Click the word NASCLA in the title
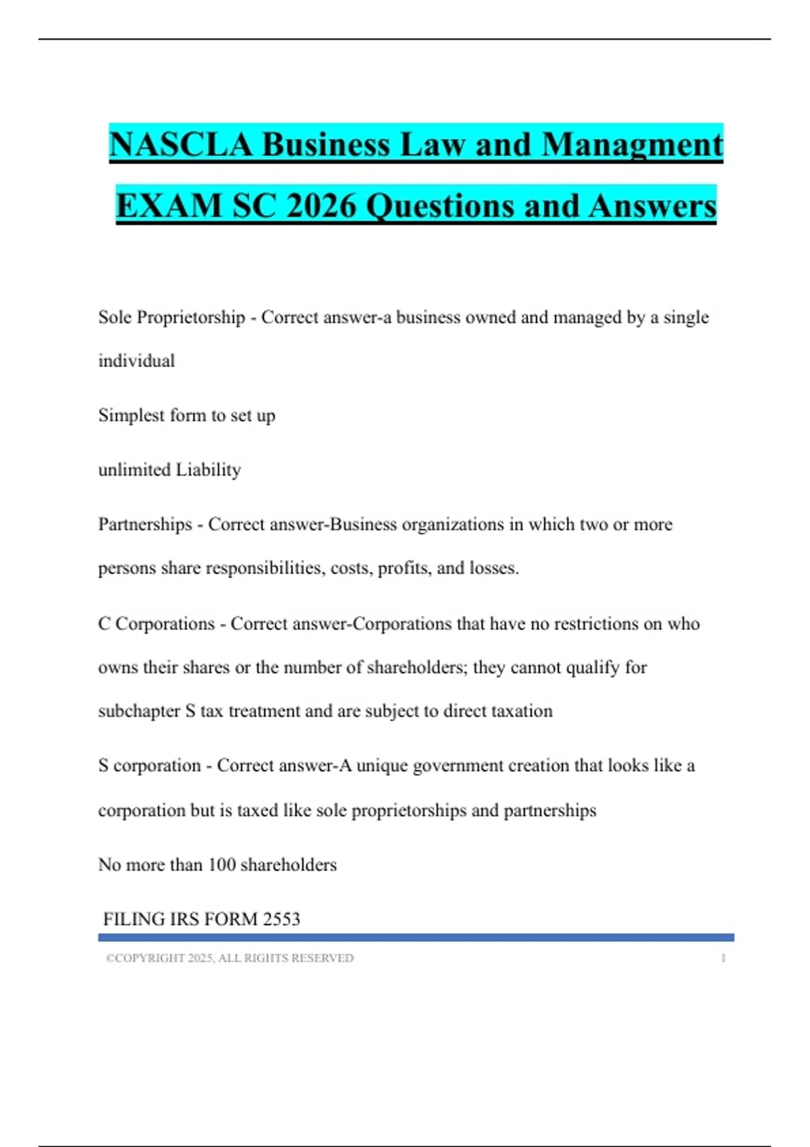181,144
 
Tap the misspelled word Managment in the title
632,144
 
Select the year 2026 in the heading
321,206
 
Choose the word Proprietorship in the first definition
191,317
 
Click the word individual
136,361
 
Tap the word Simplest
131,415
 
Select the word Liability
208,470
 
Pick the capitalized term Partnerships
145,524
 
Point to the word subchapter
139,711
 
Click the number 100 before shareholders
221,865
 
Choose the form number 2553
281,919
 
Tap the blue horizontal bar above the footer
416,937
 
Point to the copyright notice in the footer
230,958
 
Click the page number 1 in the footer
723,958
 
